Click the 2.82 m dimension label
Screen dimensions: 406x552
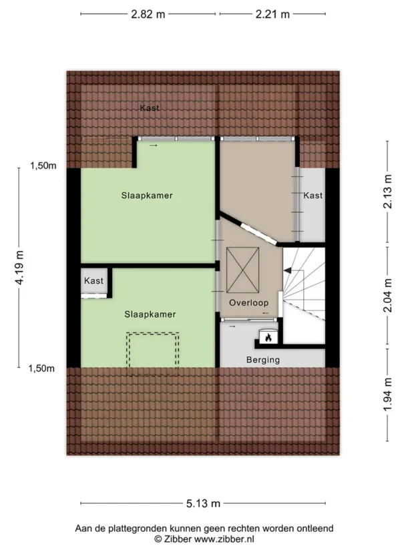[148, 14]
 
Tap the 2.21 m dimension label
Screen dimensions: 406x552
[272, 14]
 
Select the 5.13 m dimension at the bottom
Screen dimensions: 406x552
[203, 503]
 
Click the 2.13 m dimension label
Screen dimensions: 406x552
[388, 192]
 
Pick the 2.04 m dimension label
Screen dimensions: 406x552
[388, 295]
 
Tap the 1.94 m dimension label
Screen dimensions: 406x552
[388, 394]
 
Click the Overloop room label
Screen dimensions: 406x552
[248, 303]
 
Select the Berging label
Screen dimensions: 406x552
[263, 360]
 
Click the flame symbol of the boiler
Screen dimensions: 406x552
[268, 338]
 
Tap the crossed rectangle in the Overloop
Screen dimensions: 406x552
[242, 270]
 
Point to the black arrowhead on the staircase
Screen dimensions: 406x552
[287, 270]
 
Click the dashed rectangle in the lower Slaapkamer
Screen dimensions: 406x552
[152, 354]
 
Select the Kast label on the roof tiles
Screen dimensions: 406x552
[150, 107]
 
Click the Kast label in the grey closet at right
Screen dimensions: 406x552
[313, 195]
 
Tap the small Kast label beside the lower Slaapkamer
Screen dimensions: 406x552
[93, 280]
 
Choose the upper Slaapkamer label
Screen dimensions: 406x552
[147, 196]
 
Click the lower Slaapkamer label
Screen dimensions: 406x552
[150, 314]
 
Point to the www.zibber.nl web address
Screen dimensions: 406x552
[224, 539]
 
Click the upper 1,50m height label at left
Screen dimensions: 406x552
[43, 166]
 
